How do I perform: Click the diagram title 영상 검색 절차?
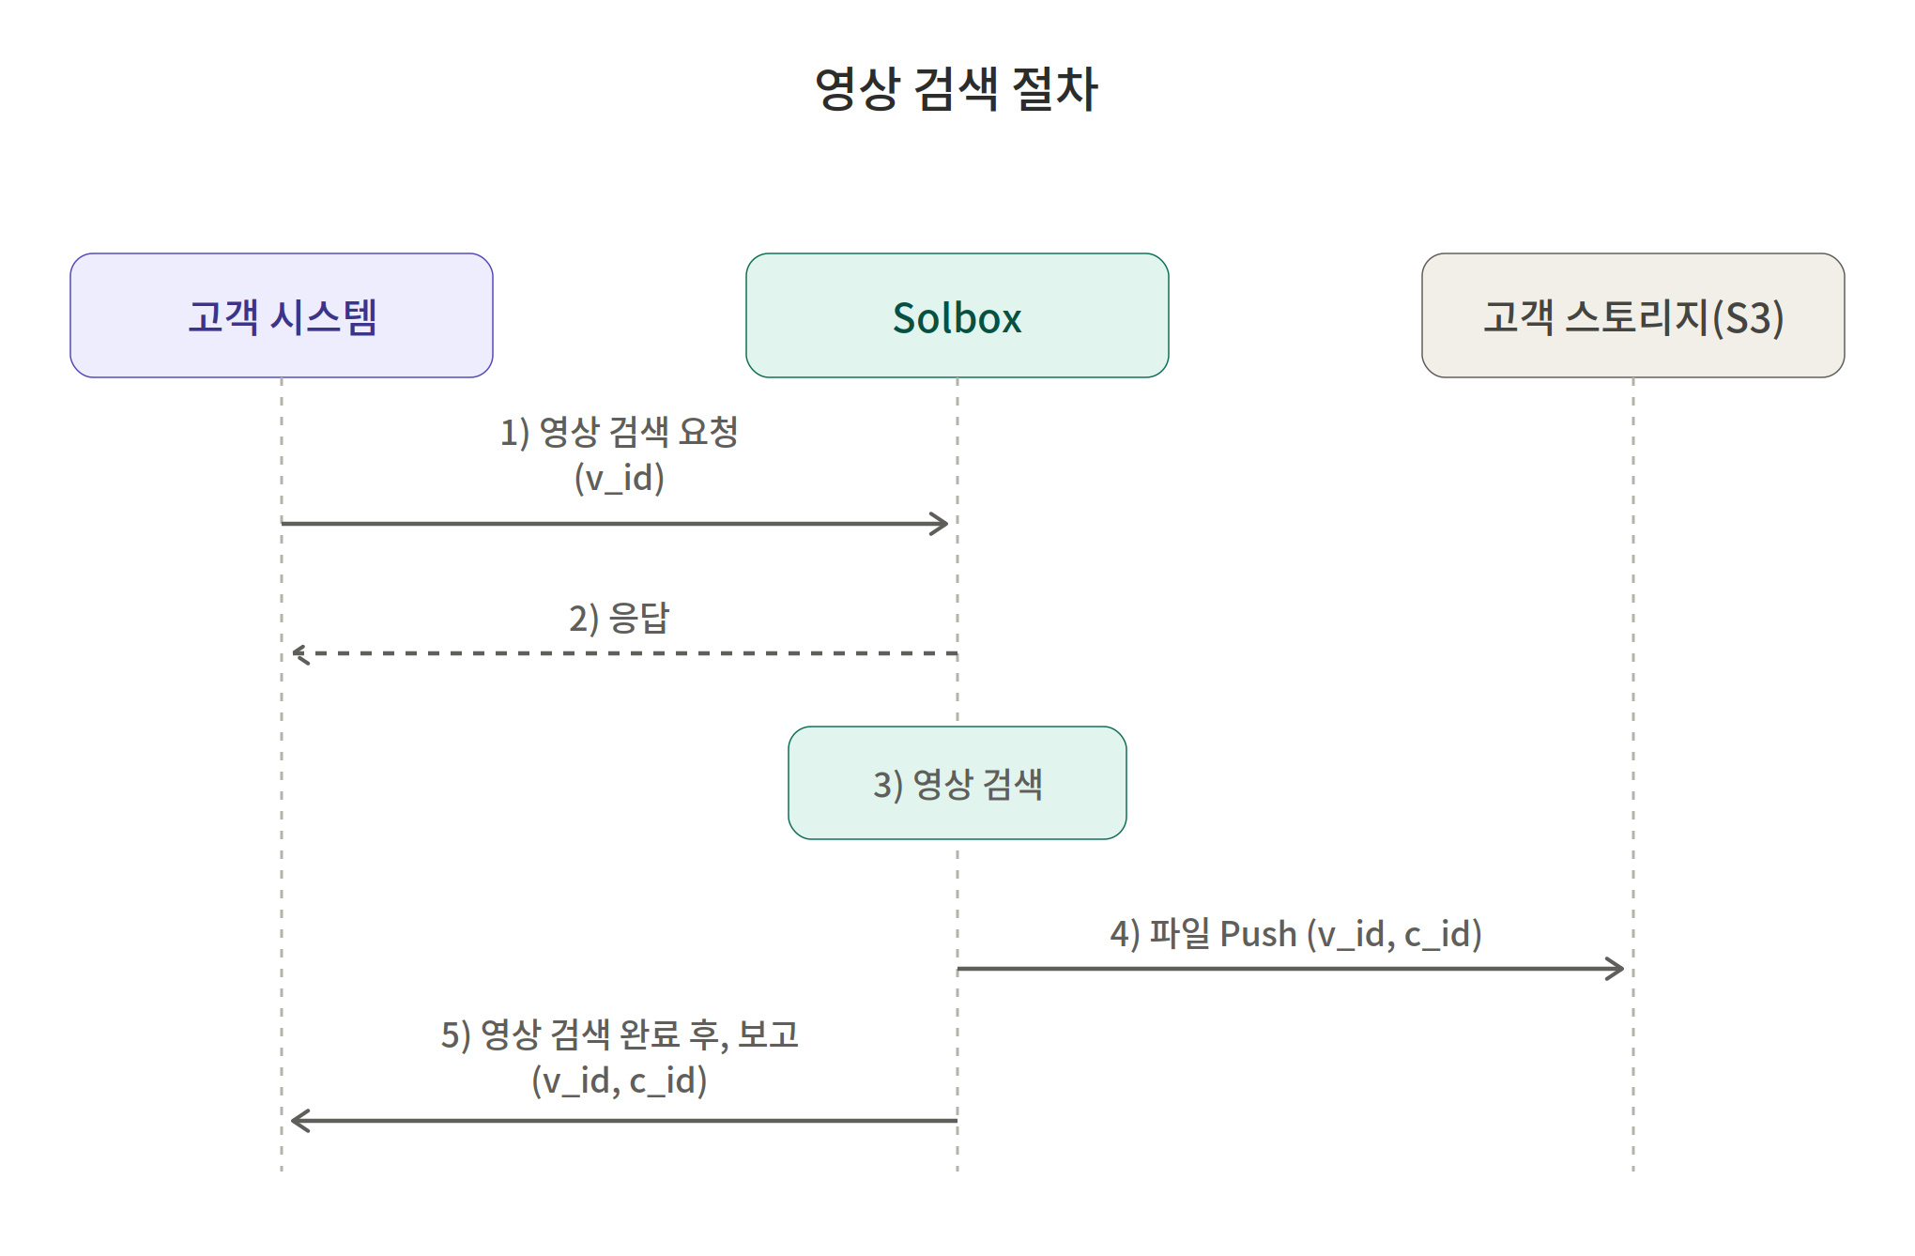click(957, 89)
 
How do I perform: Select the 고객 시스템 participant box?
click(282, 315)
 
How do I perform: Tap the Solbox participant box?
click(957, 315)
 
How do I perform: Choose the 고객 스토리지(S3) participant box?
click(1633, 315)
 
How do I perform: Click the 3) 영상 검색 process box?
click(957, 783)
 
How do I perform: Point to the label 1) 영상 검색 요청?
click(620, 432)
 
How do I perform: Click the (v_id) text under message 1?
click(620, 478)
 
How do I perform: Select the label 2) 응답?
click(620, 618)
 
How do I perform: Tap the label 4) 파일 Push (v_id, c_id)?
click(1295, 934)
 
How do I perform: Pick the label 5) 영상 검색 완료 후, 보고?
click(620, 1034)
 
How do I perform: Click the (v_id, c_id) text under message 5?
click(620, 1080)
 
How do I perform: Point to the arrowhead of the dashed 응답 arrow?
click(300, 653)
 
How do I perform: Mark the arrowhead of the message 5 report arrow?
click(300, 1121)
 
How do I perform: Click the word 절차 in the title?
click(1055, 89)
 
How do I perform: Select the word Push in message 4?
click(1258, 934)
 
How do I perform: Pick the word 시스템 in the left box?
click(323, 316)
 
